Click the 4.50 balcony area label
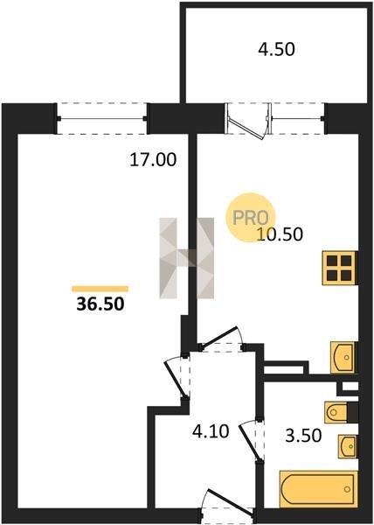click(276, 50)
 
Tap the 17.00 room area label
click(153, 160)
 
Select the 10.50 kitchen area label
click(280, 234)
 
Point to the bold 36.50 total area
click(100, 304)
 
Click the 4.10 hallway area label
click(211, 431)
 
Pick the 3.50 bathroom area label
click(303, 436)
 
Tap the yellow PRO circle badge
click(250, 218)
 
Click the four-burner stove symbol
click(339, 269)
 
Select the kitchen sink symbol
click(343, 358)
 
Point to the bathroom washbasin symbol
click(347, 446)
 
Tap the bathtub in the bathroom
click(318, 489)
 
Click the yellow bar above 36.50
click(100, 289)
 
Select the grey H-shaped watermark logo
click(186, 258)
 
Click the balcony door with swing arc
click(249, 120)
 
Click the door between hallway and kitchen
click(221, 339)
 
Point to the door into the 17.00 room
click(177, 376)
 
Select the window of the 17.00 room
click(102, 118)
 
